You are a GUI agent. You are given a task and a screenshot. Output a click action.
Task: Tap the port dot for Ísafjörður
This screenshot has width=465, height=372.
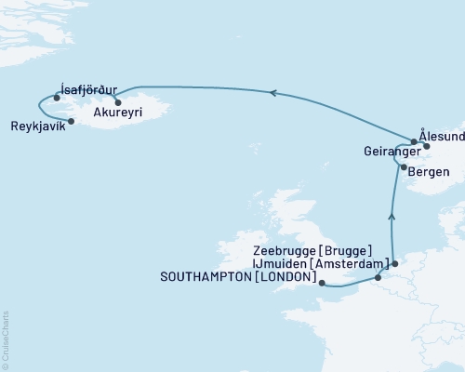pos(58,97)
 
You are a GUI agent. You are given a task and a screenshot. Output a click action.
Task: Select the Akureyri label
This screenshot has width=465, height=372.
pos(118,108)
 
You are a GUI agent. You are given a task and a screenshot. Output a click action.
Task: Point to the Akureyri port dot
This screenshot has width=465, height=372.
pos(118,100)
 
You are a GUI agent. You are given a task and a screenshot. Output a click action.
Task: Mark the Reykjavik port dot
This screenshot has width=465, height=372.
pos(72,121)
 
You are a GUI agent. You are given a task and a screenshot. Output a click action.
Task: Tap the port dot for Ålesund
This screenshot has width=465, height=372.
pos(427,145)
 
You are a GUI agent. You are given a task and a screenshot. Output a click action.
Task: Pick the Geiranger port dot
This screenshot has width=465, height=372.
pos(414,142)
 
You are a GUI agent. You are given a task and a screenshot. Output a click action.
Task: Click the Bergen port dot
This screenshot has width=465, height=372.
pos(403,167)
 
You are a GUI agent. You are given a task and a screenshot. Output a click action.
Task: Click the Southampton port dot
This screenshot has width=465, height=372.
pos(321,283)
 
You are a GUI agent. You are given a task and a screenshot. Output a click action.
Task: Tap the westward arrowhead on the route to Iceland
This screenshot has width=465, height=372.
pos(272,92)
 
